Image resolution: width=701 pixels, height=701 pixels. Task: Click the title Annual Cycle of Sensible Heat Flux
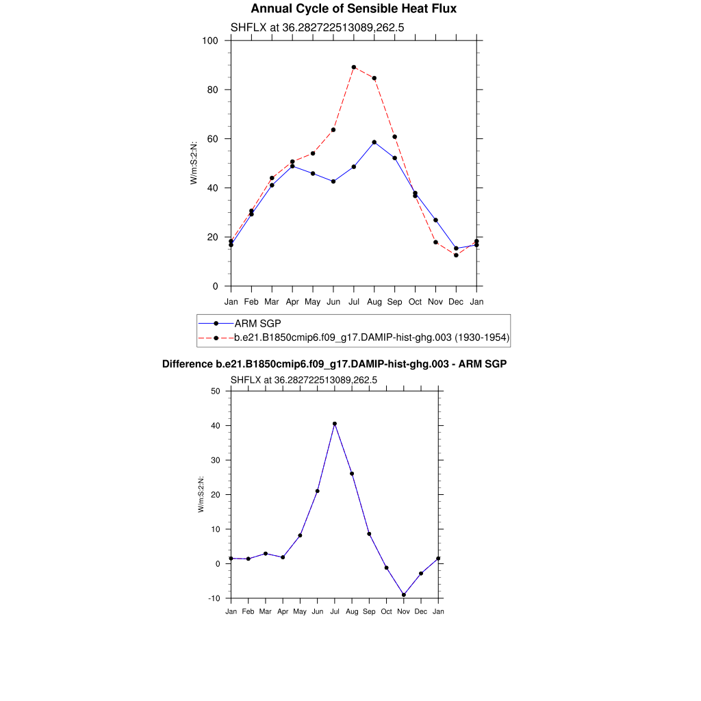click(353, 9)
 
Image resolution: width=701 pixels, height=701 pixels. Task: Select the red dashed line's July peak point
click(354, 67)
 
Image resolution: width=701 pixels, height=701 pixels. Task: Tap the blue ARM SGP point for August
click(374, 142)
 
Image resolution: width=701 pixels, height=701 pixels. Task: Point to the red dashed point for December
click(456, 255)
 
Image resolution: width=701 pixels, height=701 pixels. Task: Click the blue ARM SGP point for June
click(333, 181)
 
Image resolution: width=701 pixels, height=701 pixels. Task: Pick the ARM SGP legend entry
click(257, 323)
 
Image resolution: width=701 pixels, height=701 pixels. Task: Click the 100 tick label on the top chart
click(210, 40)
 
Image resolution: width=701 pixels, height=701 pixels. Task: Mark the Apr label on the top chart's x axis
click(292, 301)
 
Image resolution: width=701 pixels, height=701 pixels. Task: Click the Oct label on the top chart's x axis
click(415, 301)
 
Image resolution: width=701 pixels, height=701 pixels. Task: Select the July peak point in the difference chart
click(335, 424)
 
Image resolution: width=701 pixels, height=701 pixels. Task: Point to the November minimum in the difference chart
click(404, 595)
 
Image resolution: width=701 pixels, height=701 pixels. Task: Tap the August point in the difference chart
click(352, 474)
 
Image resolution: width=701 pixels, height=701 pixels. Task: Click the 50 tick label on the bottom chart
click(216, 391)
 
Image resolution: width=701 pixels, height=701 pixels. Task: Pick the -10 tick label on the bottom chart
click(214, 598)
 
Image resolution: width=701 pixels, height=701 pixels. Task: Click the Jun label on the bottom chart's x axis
click(317, 611)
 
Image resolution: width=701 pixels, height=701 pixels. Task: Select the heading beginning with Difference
click(334, 364)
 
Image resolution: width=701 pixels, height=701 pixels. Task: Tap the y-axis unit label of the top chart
click(194, 163)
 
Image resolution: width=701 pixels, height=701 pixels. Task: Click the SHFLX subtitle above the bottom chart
click(304, 379)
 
